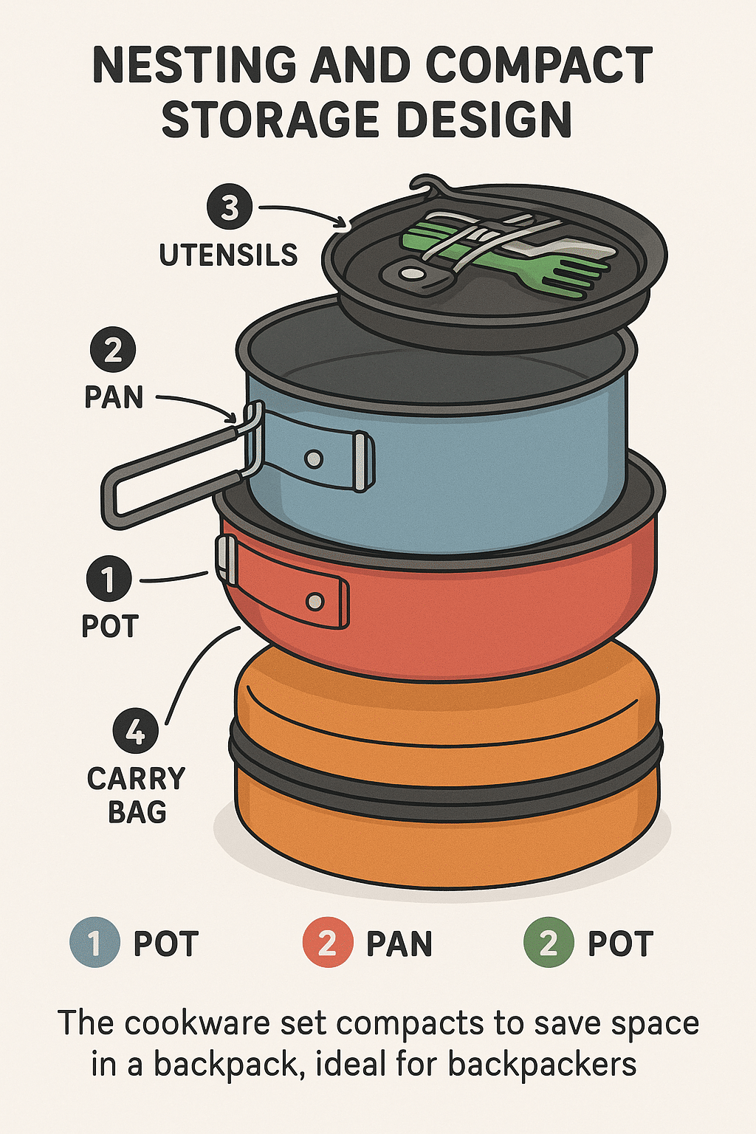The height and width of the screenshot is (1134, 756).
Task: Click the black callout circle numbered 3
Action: pos(230,207)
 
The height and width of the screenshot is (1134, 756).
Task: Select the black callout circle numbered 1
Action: pos(109,579)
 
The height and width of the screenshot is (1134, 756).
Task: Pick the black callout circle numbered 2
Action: pos(113,351)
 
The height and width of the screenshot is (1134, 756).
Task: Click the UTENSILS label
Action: pos(228,255)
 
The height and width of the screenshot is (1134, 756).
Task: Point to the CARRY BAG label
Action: pos(136,795)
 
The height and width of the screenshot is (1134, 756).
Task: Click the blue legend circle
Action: pos(95,943)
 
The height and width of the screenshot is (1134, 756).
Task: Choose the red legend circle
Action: pos(327,943)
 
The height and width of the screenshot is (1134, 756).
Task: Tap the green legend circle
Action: pos(549,943)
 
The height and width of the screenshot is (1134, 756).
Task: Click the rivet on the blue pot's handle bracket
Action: pos(314,459)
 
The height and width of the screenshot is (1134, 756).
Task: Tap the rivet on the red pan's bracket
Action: pos(315,602)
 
